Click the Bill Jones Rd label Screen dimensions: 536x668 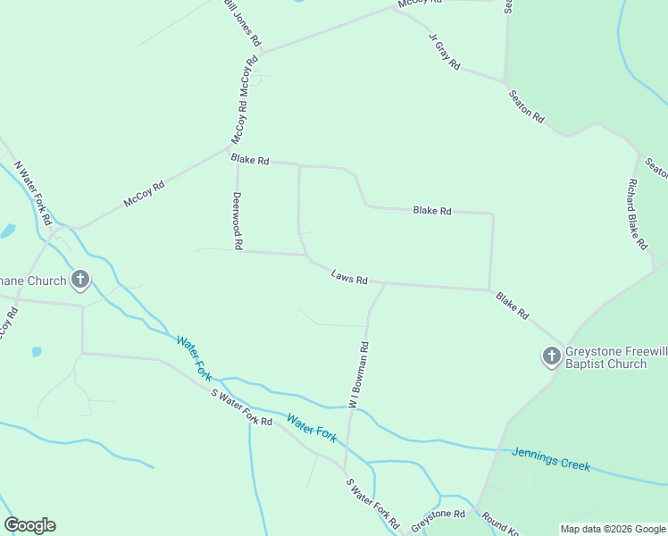coord(242,22)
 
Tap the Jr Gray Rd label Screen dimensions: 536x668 coord(444,52)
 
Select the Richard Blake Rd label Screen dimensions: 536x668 coord(637,214)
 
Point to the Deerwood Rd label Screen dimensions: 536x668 coord(238,220)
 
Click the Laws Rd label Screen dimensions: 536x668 coord(349,279)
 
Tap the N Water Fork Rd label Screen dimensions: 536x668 coord(34,193)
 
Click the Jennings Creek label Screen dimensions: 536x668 coord(551,459)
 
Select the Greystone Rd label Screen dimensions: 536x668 coord(438,515)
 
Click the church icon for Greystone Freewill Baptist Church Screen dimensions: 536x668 coord(551,356)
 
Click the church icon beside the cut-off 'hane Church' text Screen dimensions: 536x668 coord(80,281)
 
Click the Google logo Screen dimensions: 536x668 coord(29,524)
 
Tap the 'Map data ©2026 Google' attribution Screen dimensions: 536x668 coord(612,528)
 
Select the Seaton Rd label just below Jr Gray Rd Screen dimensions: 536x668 coord(526,105)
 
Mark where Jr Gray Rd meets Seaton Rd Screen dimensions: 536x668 coord(505,81)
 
